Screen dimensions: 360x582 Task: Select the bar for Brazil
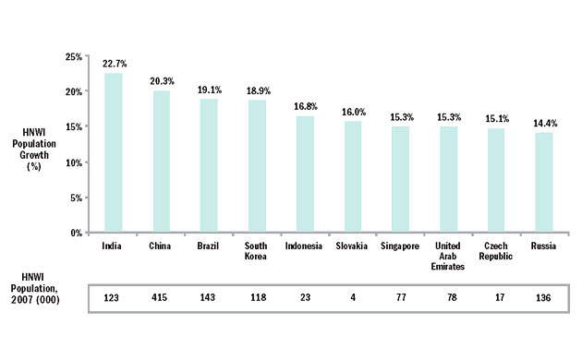pos(209,165)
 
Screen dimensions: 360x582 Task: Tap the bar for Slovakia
pos(352,176)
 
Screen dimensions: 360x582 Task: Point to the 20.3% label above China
pos(163,80)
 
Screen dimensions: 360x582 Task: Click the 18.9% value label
pos(258,90)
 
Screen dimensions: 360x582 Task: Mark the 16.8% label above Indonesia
pos(306,105)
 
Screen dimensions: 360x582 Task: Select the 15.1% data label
pos(496,117)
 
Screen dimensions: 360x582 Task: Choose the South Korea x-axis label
pos(258,252)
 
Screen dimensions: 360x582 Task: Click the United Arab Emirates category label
pos(449,258)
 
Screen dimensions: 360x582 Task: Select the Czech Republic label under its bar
pos(496,252)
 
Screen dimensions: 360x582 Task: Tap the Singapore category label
pos(400,246)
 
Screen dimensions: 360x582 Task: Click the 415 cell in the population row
pos(162,298)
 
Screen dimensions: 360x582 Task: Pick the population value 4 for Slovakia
pos(352,298)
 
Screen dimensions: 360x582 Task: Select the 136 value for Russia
pos(543,298)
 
